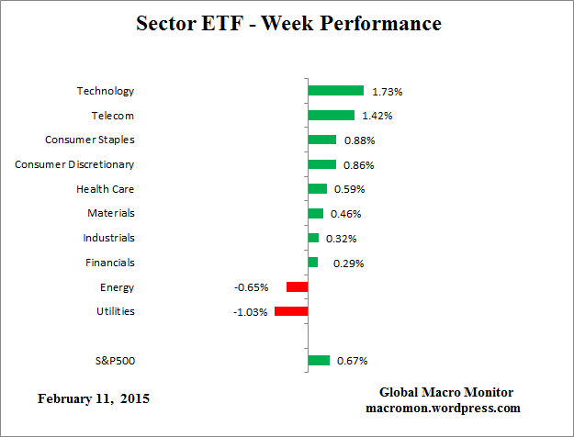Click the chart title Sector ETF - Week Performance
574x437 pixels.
(x=287, y=23)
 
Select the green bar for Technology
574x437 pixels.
(x=335, y=91)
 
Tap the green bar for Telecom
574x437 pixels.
(x=331, y=116)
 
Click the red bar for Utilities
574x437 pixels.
(x=291, y=311)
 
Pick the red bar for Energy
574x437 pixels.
(x=297, y=287)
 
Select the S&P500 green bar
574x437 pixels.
(x=319, y=360)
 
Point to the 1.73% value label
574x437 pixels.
(x=387, y=92)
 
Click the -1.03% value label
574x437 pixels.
(x=251, y=312)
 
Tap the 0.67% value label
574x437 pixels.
(x=353, y=361)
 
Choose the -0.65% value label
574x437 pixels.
(x=251, y=287)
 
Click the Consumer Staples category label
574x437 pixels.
(x=90, y=140)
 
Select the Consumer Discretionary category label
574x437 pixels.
(x=74, y=164)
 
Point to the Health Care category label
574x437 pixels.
(x=105, y=189)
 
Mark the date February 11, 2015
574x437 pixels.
(x=93, y=399)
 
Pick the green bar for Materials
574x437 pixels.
(x=315, y=214)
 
